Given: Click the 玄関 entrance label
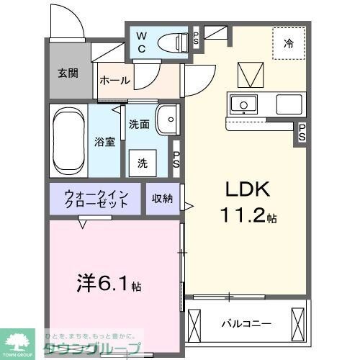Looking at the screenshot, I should pos(69,73).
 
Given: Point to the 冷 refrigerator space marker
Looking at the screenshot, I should pos(288,43).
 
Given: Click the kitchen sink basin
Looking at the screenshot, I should pos(243,105).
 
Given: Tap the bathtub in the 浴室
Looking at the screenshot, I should pos(68,140).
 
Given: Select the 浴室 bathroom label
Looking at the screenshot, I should pos(105,142).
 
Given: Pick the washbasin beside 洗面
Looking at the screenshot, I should pos(168,117).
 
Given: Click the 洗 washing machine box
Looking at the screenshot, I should pos(143,163).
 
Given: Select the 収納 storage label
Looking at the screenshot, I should pos(162,199).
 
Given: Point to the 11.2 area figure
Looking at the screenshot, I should pos(242,215).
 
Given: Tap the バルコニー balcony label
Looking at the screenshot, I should pos(246,324).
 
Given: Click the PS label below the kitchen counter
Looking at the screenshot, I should pos(302,133).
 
